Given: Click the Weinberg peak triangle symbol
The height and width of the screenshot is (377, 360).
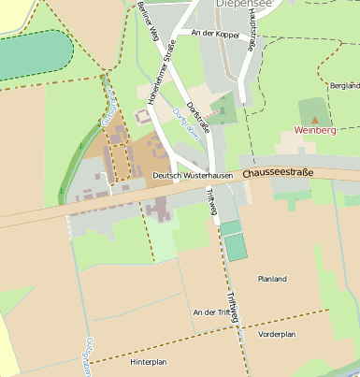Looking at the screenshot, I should (x=315, y=120).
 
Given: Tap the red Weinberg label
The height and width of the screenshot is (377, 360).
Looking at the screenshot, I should (x=315, y=131).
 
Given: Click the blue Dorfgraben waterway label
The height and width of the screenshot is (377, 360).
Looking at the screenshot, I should (x=181, y=123).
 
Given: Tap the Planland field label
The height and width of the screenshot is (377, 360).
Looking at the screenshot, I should (x=272, y=278).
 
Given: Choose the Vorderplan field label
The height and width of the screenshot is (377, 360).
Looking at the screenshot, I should (x=277, y=334).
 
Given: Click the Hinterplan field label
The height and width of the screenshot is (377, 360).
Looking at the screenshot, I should (x=148, y=361).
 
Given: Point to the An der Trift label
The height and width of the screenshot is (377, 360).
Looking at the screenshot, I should (x=209, y=312).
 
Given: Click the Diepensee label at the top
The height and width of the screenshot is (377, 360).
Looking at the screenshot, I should (x=247, y=5).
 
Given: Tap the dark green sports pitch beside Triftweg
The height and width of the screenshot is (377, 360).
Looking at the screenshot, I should (x=237, y=247).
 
